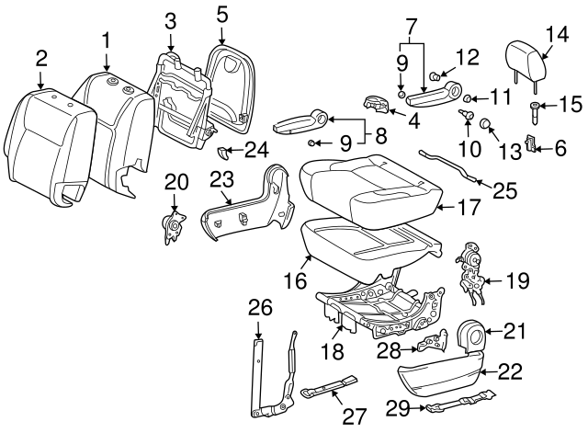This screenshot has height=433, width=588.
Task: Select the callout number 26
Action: (x=260, y=305)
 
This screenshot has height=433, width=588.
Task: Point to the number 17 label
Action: (x=469, y=209)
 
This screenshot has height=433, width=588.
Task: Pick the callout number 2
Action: (x=41, y=60)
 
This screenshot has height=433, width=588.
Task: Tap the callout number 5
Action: (x=222, y=14)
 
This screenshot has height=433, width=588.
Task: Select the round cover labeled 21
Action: (x=470, y=336)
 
